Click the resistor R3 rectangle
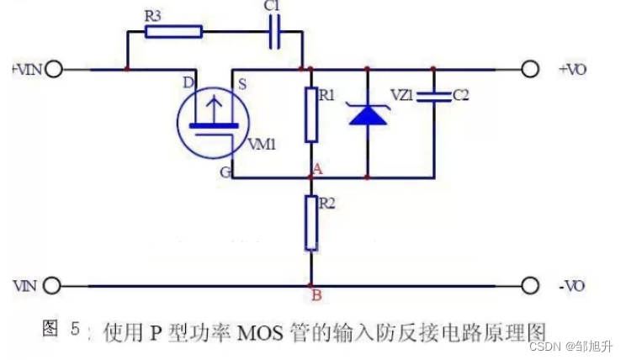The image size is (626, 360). tap(173, 32)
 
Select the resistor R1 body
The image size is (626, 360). tap(310, 116)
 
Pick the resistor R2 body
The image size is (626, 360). tap(310, 223)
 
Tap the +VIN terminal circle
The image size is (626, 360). tap(54, 69)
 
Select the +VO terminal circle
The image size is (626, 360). tap(529, 69)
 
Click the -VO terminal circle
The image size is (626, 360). tap(529, 286)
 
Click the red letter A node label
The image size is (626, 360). tap(317, 168)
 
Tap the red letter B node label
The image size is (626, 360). tap(316, 294)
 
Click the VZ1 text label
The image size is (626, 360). tap(403, 96)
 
